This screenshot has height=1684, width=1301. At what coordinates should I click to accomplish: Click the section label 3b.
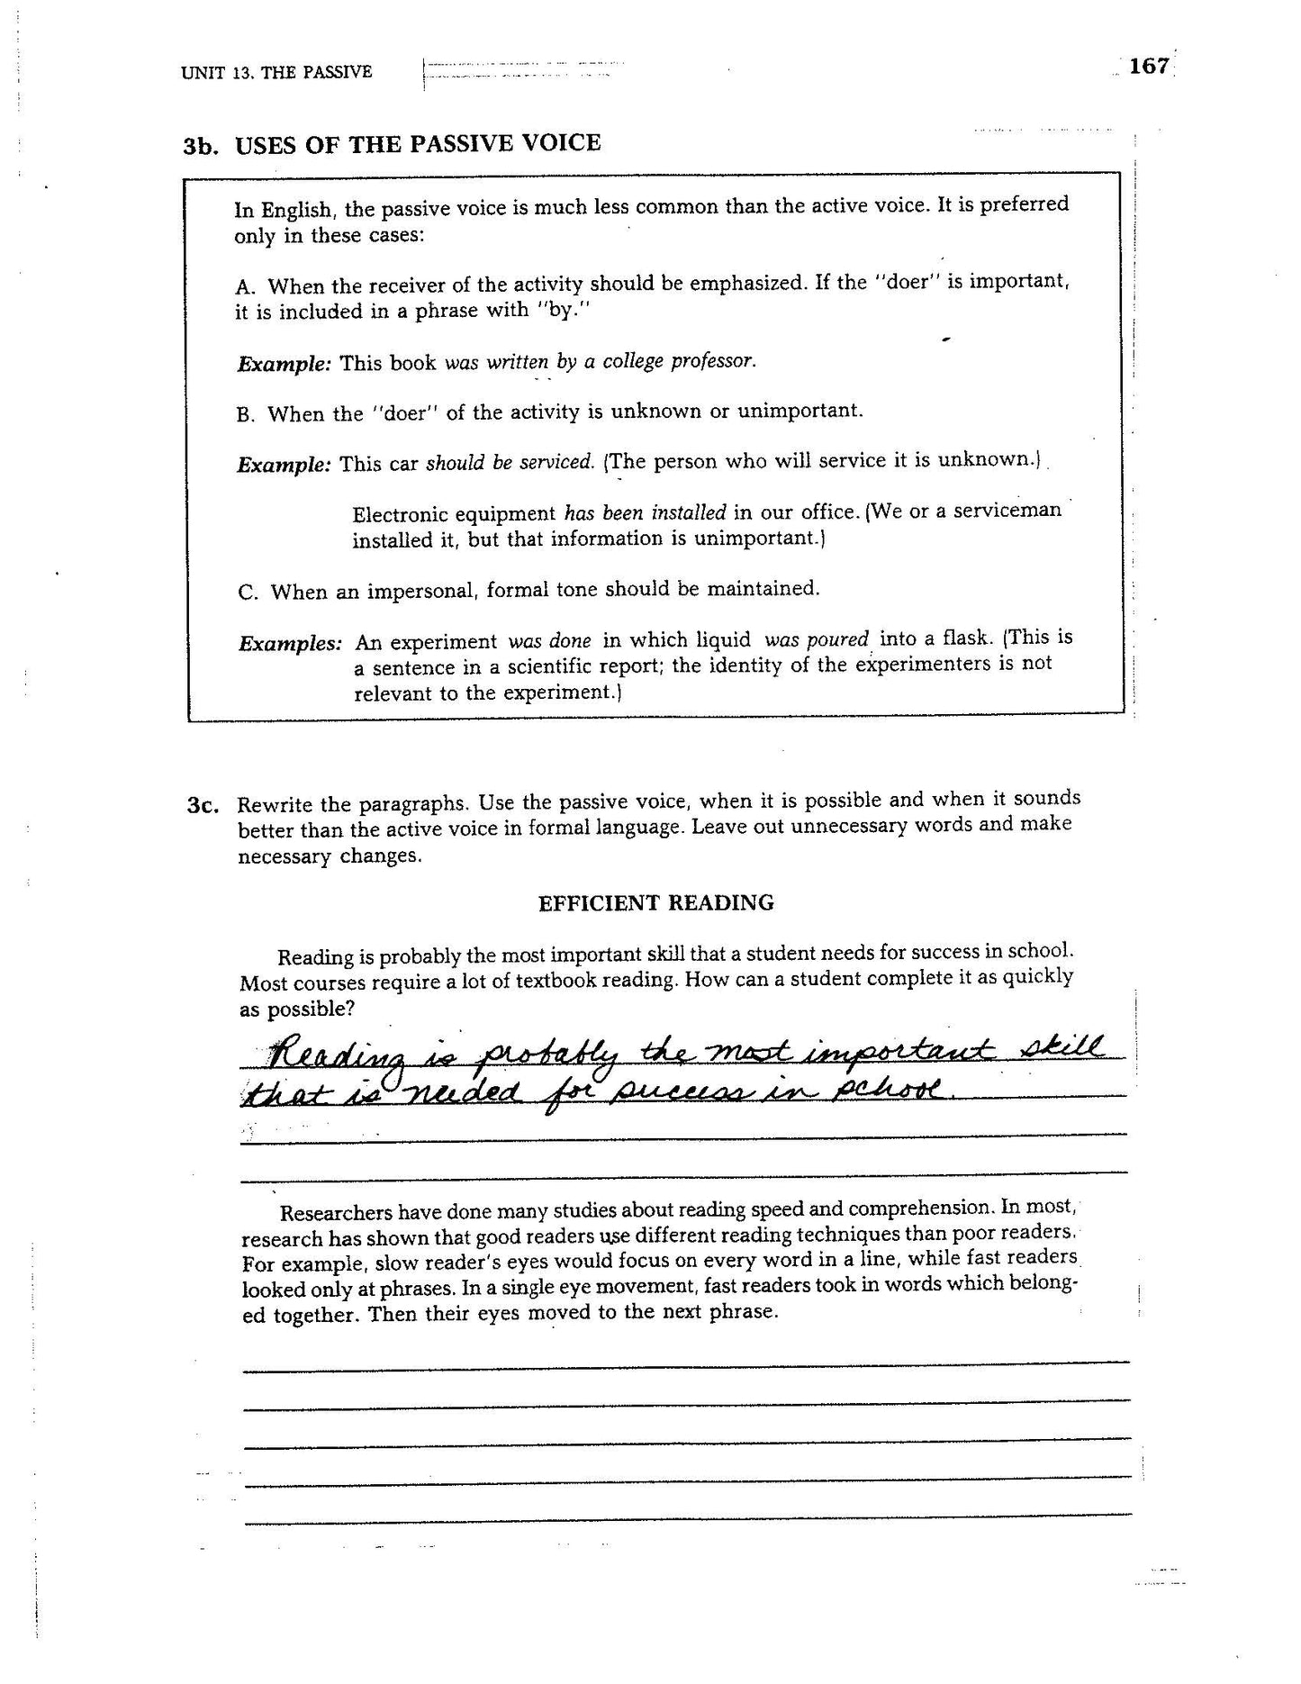pyautogui.click(x=201, y=146)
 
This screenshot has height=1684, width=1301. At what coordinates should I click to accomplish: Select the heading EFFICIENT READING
pyautogui.click(x=655, y=902)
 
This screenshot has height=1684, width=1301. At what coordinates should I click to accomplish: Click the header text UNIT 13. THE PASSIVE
pyautogui.click(x=276, y=72)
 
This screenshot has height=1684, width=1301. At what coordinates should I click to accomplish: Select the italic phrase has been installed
pyautogui.click(x=645, y=512)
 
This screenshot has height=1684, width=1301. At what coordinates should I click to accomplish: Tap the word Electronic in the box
pyautogui.click(x=402, y=514)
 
